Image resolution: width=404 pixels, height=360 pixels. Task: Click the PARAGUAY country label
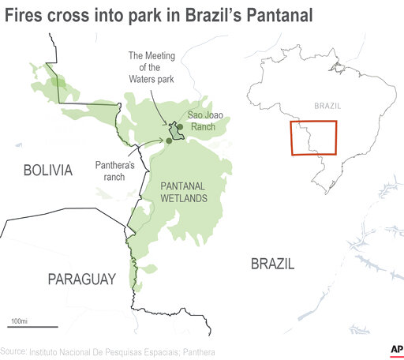pyautogui.click(x=81, y=279)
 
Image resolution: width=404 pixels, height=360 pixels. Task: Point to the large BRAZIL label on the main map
pyautogui.click(x=272, y=264)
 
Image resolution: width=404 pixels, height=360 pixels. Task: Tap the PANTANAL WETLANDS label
pyautogui.click(x=184, y=191)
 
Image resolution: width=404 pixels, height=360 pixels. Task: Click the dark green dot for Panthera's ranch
pyautogui.click(x=169, y=141)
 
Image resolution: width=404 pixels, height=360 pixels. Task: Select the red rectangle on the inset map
pyautogui.click(x=313, y=137)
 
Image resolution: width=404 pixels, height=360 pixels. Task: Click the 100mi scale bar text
pyautogui.click(x=18, y=320)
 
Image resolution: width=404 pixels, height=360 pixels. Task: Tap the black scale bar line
pyautogui.click(x=33, y=326)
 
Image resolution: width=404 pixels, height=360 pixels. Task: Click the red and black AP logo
pyautogui.click(x=395, y=350)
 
